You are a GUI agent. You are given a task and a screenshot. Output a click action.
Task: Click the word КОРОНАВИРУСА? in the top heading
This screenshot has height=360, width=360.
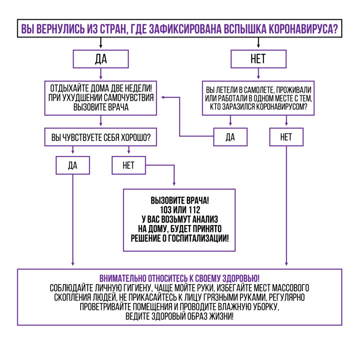[x=303, y=29]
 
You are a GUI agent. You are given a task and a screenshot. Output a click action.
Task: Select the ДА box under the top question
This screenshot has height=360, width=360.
[x=101, y=59]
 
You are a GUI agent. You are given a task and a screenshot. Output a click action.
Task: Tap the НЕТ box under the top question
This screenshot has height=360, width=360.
[x=259, y=59]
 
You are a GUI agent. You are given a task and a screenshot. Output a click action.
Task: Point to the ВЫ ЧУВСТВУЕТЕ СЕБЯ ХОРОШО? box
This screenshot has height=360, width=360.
[x=101, y=137]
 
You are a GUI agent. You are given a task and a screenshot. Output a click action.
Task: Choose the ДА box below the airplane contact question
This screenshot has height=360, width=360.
[x=230, y=137]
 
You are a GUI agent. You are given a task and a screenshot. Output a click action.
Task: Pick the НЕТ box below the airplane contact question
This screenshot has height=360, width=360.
[x=286, y=137]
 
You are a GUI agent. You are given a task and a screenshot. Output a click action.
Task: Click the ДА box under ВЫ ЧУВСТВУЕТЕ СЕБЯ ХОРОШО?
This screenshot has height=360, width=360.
[x=73, y=165]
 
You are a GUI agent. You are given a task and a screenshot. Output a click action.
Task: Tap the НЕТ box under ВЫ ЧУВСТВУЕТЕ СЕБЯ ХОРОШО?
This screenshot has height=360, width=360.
[x=128, y=165]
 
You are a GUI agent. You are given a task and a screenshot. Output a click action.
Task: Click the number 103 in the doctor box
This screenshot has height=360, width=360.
[x=165, y=210]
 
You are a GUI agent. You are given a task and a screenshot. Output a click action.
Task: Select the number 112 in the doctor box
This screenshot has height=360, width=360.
[x=195, y=210]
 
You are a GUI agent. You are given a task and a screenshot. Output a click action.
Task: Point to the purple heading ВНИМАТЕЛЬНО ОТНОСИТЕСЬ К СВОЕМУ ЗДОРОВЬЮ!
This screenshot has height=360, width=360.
[x=180, y=278]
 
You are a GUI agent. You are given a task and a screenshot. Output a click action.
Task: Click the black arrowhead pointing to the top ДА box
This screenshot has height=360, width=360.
[x=101, y=46]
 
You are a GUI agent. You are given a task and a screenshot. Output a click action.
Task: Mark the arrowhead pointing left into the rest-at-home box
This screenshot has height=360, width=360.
[x=163, y=97]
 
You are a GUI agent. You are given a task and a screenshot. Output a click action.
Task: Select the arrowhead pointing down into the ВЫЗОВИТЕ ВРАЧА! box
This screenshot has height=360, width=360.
[x=174, y=184]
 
